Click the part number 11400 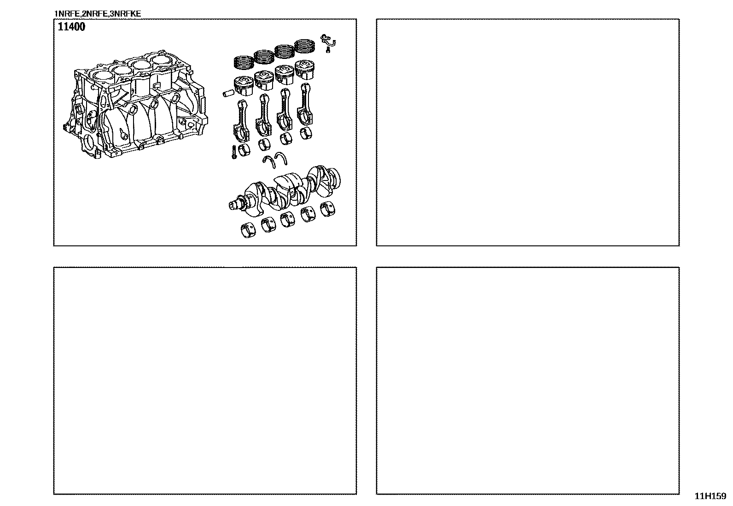click(71, 27)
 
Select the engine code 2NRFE click(94, 14)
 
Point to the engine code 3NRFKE click(125, 14)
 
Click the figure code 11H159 click(710, 496)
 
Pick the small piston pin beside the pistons click(228, 94)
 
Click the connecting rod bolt click(234, 152)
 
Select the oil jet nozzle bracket click(328, 41)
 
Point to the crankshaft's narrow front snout click(236, 204)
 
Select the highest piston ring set click(305, 46)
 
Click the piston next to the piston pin click(244, 86)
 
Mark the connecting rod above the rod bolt click(241, 121)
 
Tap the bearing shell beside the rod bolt click(244, 150)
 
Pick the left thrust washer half click(269, 162)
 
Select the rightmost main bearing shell click(327, 209)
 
